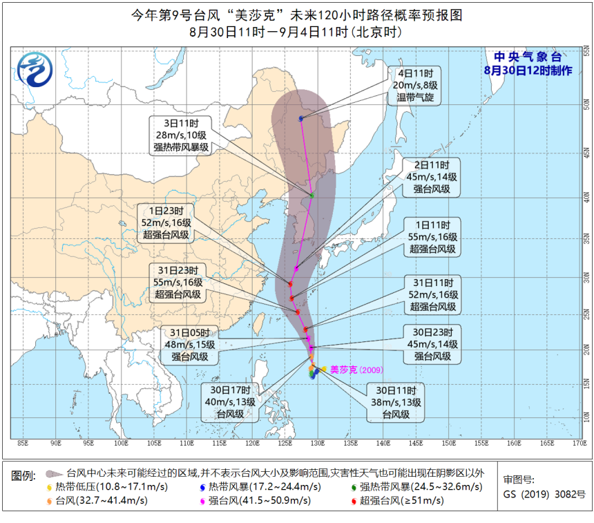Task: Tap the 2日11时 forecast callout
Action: point(432,177)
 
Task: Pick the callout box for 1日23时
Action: point(166,223)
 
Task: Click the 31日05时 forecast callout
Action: point(189,345)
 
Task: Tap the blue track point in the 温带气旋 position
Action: point(301,119)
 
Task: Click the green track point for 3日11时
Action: point(312,196)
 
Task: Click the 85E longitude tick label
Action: point(22,443)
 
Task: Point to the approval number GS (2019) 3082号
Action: point(544,494)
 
